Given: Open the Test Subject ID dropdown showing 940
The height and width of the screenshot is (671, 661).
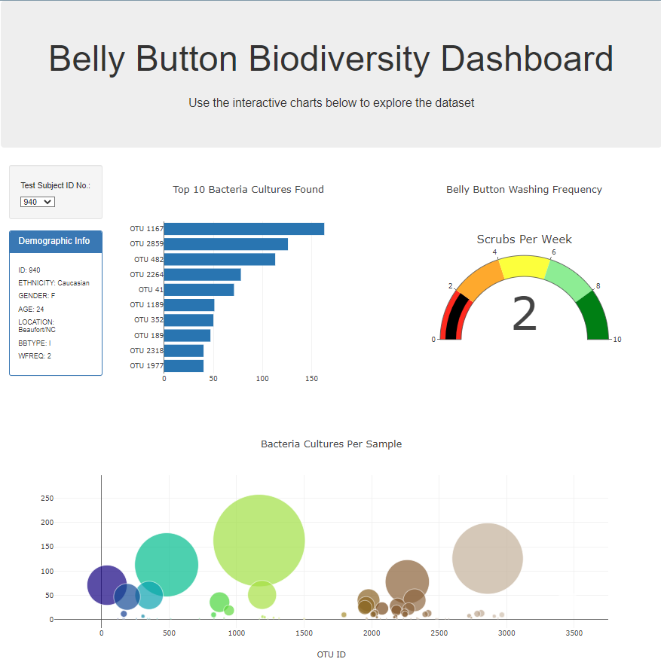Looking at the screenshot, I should point(38,202).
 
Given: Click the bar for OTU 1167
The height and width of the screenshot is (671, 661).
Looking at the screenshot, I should point(243,229).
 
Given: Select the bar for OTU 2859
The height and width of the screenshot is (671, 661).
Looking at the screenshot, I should point(225,244).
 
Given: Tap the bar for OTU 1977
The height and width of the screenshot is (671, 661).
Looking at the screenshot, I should point(183,366).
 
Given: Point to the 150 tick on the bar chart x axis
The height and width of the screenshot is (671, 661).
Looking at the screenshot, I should point(312,379).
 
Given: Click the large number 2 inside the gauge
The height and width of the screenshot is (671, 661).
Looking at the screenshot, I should point(524,315).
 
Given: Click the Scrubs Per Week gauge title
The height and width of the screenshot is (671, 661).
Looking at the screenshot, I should point(524,239).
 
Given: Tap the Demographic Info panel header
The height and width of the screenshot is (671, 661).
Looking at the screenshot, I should point(55,241).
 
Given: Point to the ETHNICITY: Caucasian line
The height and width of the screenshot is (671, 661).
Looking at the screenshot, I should point(54,283).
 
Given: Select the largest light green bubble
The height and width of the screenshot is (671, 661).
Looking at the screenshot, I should point(259,540).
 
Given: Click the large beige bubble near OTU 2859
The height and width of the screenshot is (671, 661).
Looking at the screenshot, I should point(487,558).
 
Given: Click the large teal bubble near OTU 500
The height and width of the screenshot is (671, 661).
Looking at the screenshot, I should point(167,564).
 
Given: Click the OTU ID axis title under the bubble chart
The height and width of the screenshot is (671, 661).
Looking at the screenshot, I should point(331,654).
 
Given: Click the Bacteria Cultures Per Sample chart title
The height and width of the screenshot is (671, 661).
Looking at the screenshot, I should point(331,444).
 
